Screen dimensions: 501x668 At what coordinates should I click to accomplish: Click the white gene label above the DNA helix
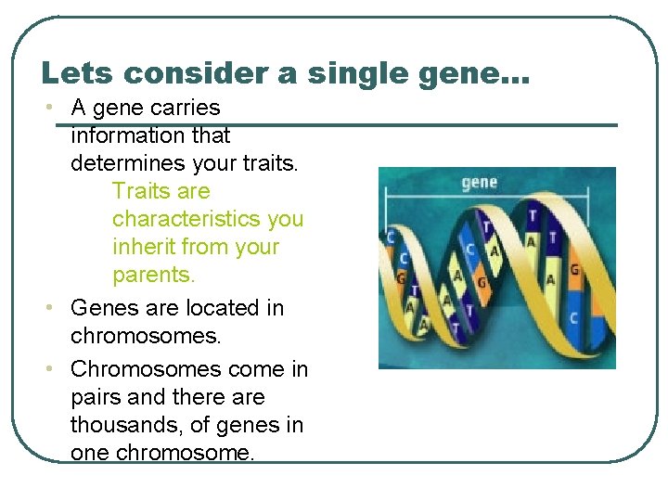[479, 182]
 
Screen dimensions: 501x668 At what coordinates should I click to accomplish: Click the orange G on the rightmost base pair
[575, 270]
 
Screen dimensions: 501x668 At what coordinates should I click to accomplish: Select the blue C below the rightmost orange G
[574, 318]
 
